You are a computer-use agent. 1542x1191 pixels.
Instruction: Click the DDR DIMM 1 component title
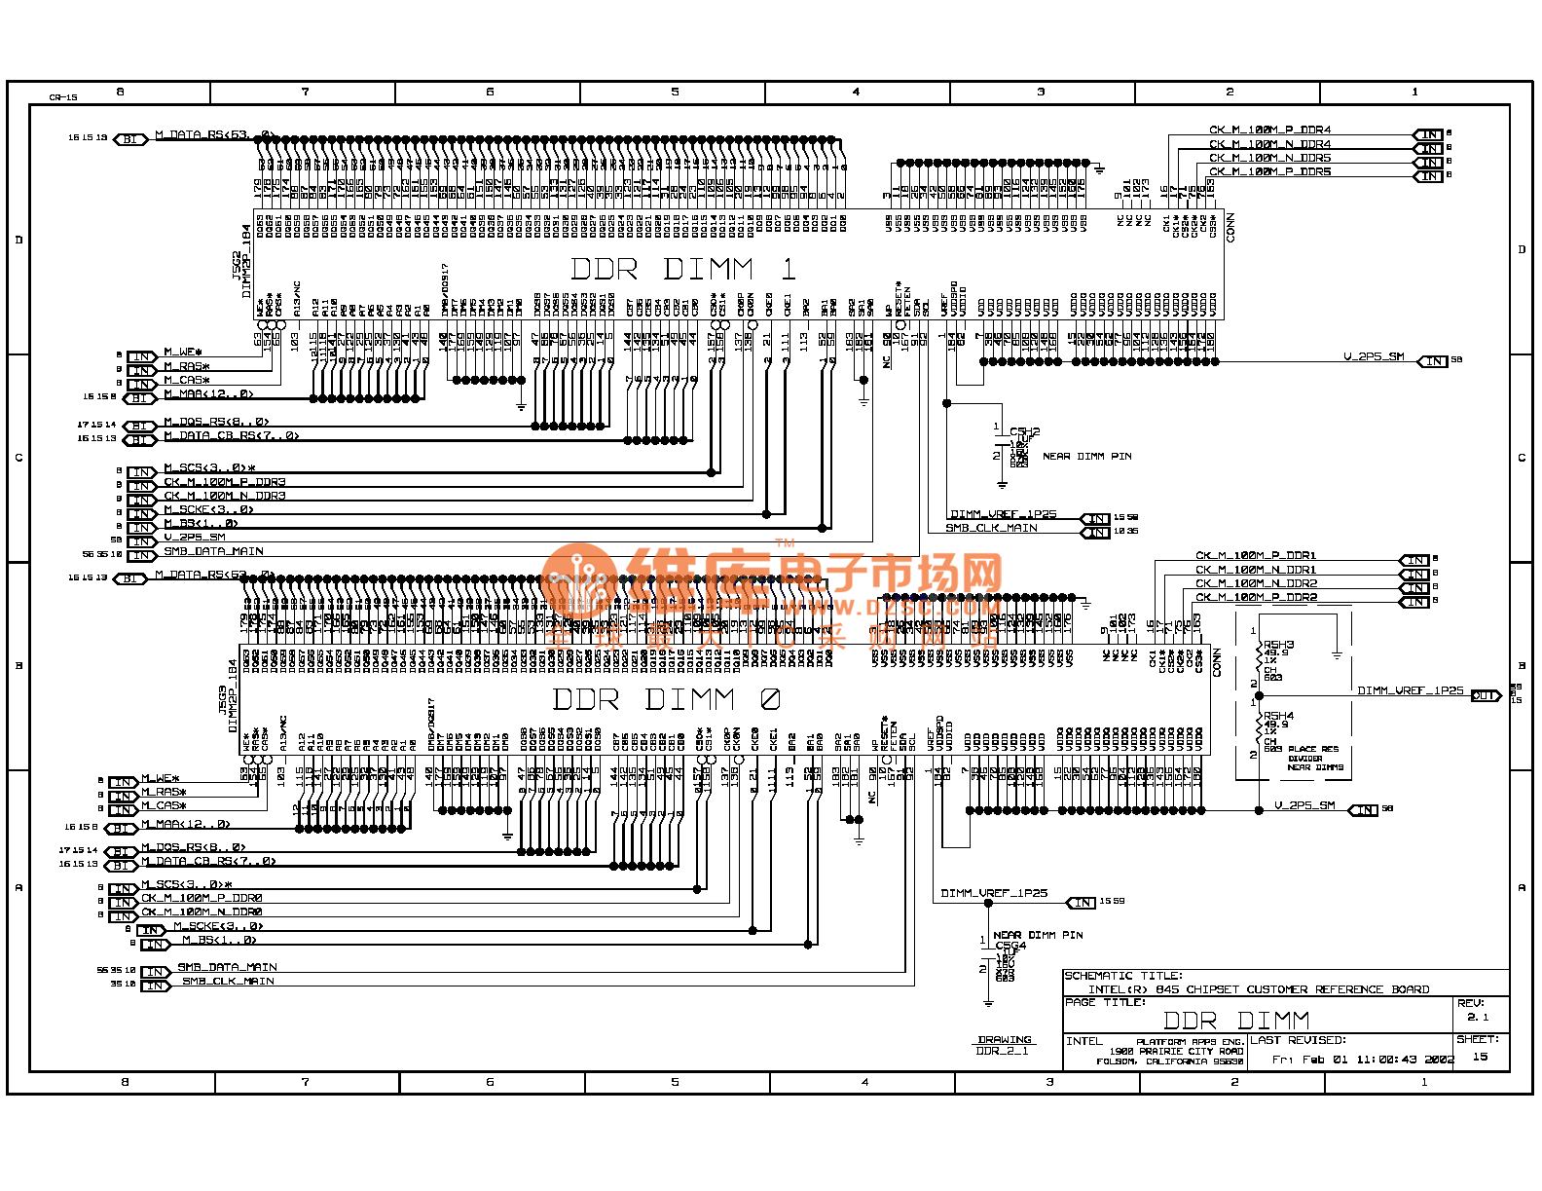click(x=682, y=269)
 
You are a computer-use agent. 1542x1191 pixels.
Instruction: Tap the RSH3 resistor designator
click(x=1278, y=645)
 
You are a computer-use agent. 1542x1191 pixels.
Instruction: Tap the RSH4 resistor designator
click(x=1278, y=716)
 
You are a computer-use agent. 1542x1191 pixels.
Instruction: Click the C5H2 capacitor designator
click(x=1024, y=430)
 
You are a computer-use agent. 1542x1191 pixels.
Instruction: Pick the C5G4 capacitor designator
click(x=1010, y=945)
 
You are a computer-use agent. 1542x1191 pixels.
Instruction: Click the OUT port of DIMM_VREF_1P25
click(x=1485, y=695)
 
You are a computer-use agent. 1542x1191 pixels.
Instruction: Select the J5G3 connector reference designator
click(x=223, y=699)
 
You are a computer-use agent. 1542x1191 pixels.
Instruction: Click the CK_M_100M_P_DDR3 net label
click(x=224, y=482)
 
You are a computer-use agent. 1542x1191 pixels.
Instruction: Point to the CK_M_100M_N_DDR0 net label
click(x=202, y=912)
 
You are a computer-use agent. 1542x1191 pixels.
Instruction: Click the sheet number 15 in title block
click(x=1480, y=1057)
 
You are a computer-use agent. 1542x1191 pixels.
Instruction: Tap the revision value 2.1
click(x=1478, y=1017)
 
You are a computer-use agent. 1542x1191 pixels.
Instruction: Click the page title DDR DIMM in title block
click(x=1235, y=1021)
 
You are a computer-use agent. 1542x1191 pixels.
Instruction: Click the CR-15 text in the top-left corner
click(x=63, y=97)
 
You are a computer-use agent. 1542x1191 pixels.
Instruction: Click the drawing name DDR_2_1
click(x=1002, y=1051)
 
